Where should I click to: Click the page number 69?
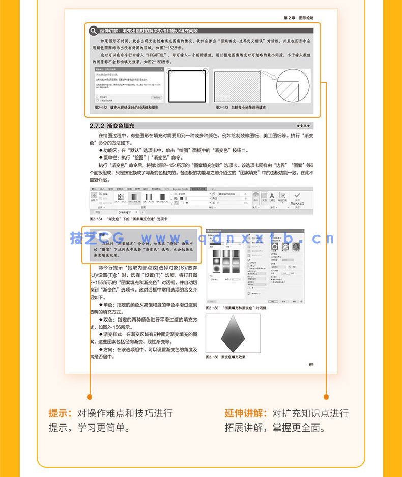click(x=311, y=364)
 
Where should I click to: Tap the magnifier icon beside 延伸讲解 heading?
click(x=93, y=31)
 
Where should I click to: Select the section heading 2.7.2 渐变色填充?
click(x=112, y=125)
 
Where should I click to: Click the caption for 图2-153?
click(x=241, y=108)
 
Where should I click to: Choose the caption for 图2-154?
click(x=128, y=218)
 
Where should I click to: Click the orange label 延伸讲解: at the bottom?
click(x=247, y=413)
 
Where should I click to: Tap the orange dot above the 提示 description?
click(x=90, y=396)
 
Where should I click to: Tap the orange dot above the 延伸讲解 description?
click(x=326, y=396)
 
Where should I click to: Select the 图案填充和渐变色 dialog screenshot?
click(x=254, y=267)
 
